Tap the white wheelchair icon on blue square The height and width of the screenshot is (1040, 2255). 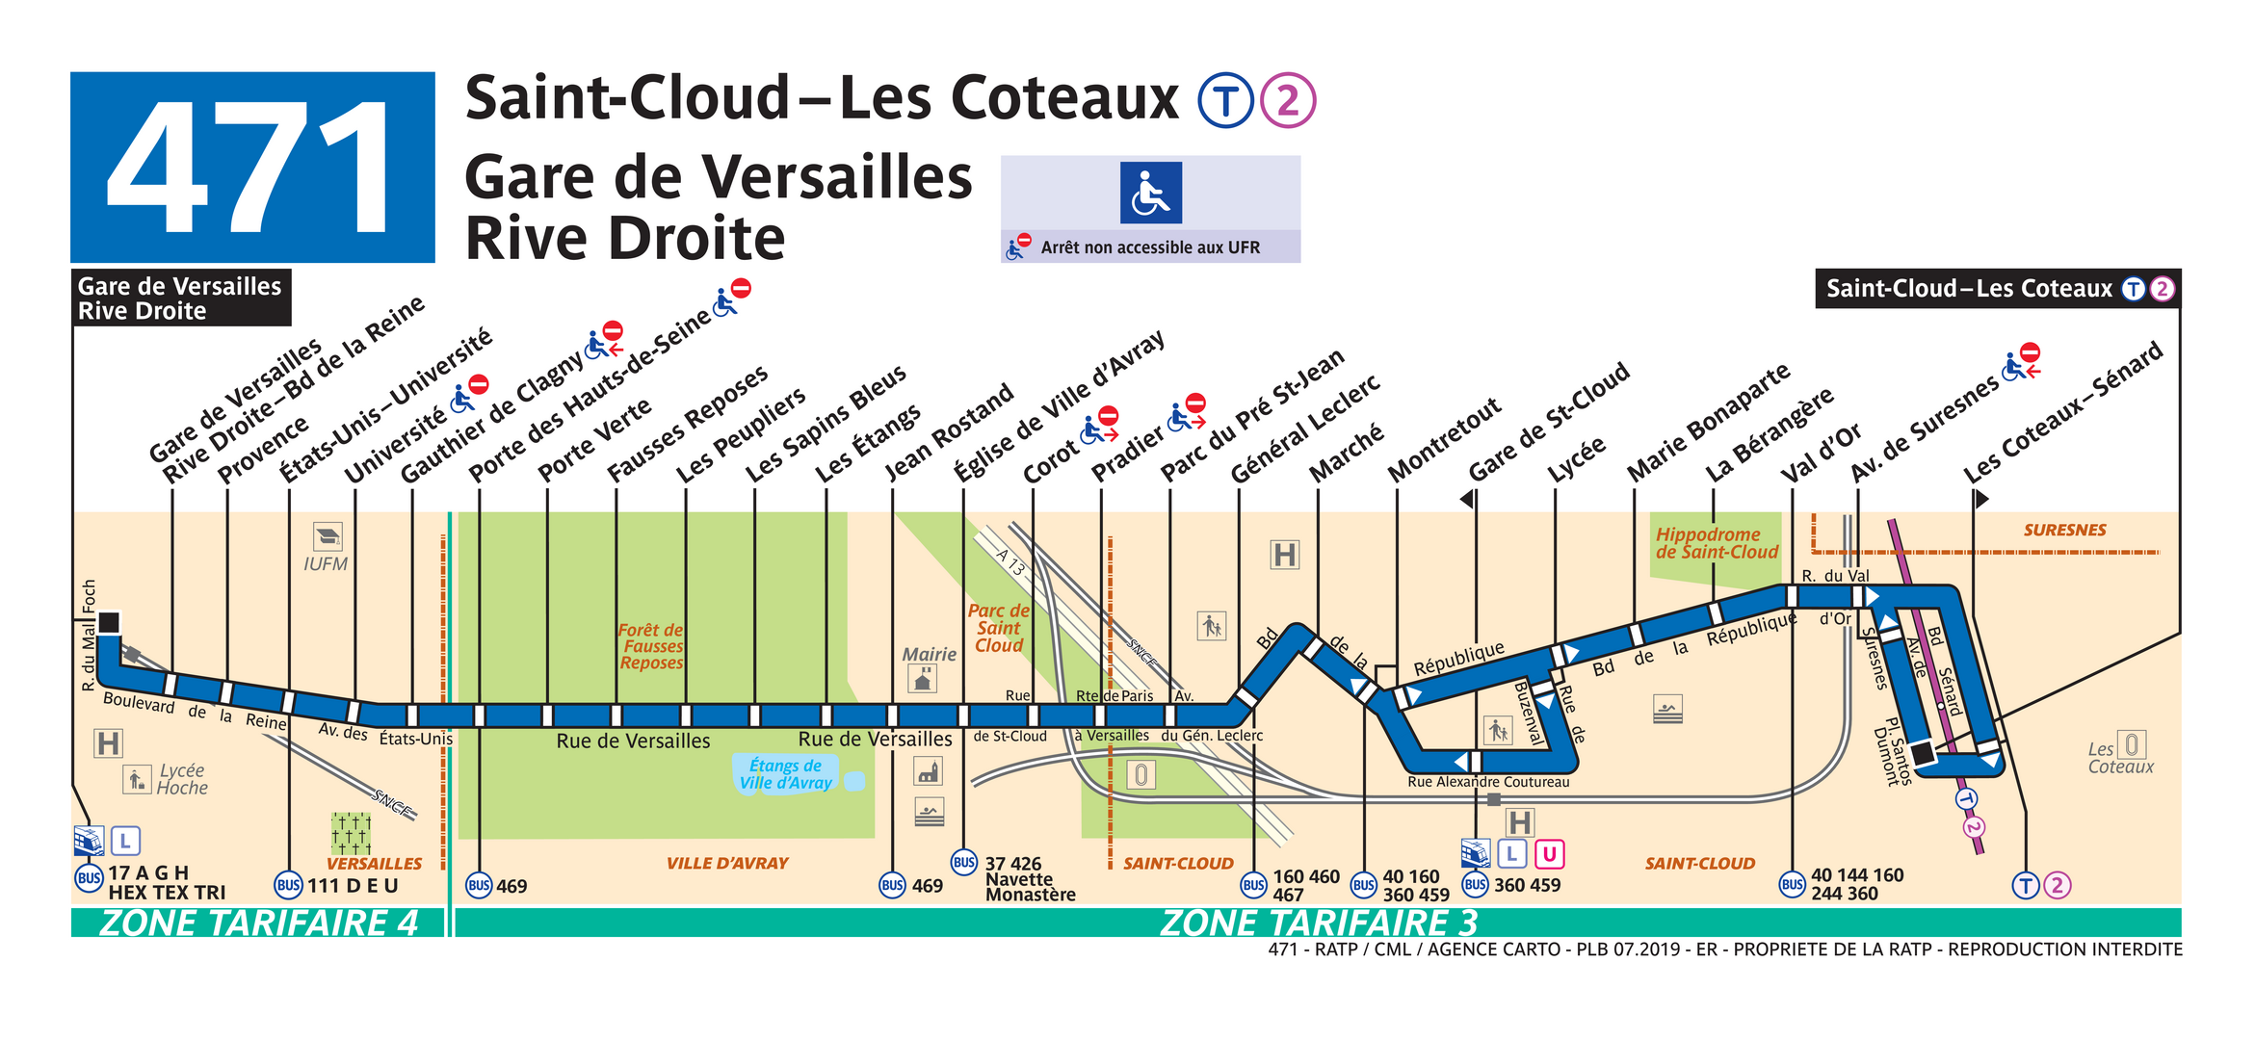point(1150,193)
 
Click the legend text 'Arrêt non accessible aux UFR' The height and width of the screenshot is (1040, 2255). point(1149,247)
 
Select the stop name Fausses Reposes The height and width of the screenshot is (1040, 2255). point(687,424)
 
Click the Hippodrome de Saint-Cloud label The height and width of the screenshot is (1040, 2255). point(1716,543)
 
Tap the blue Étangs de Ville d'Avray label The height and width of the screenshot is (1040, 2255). point(785,773)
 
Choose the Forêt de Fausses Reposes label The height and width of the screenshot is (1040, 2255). point(651,646)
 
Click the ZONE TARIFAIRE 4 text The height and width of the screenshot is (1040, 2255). point(258,923)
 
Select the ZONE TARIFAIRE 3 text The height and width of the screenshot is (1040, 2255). point(1318,923)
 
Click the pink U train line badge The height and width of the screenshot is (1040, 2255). point(1549,853)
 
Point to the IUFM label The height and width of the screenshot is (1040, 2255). point(326,564)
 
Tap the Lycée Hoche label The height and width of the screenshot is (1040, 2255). point(182,779)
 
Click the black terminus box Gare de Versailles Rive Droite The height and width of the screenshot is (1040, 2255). point(181,298)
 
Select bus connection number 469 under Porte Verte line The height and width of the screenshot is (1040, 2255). point(511,886)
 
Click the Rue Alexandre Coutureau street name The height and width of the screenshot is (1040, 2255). point(1487,782)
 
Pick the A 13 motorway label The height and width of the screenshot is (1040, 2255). point(1010,561)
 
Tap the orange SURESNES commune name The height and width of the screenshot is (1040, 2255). point(2064,530)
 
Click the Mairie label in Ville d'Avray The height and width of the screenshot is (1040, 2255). point(929,654)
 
